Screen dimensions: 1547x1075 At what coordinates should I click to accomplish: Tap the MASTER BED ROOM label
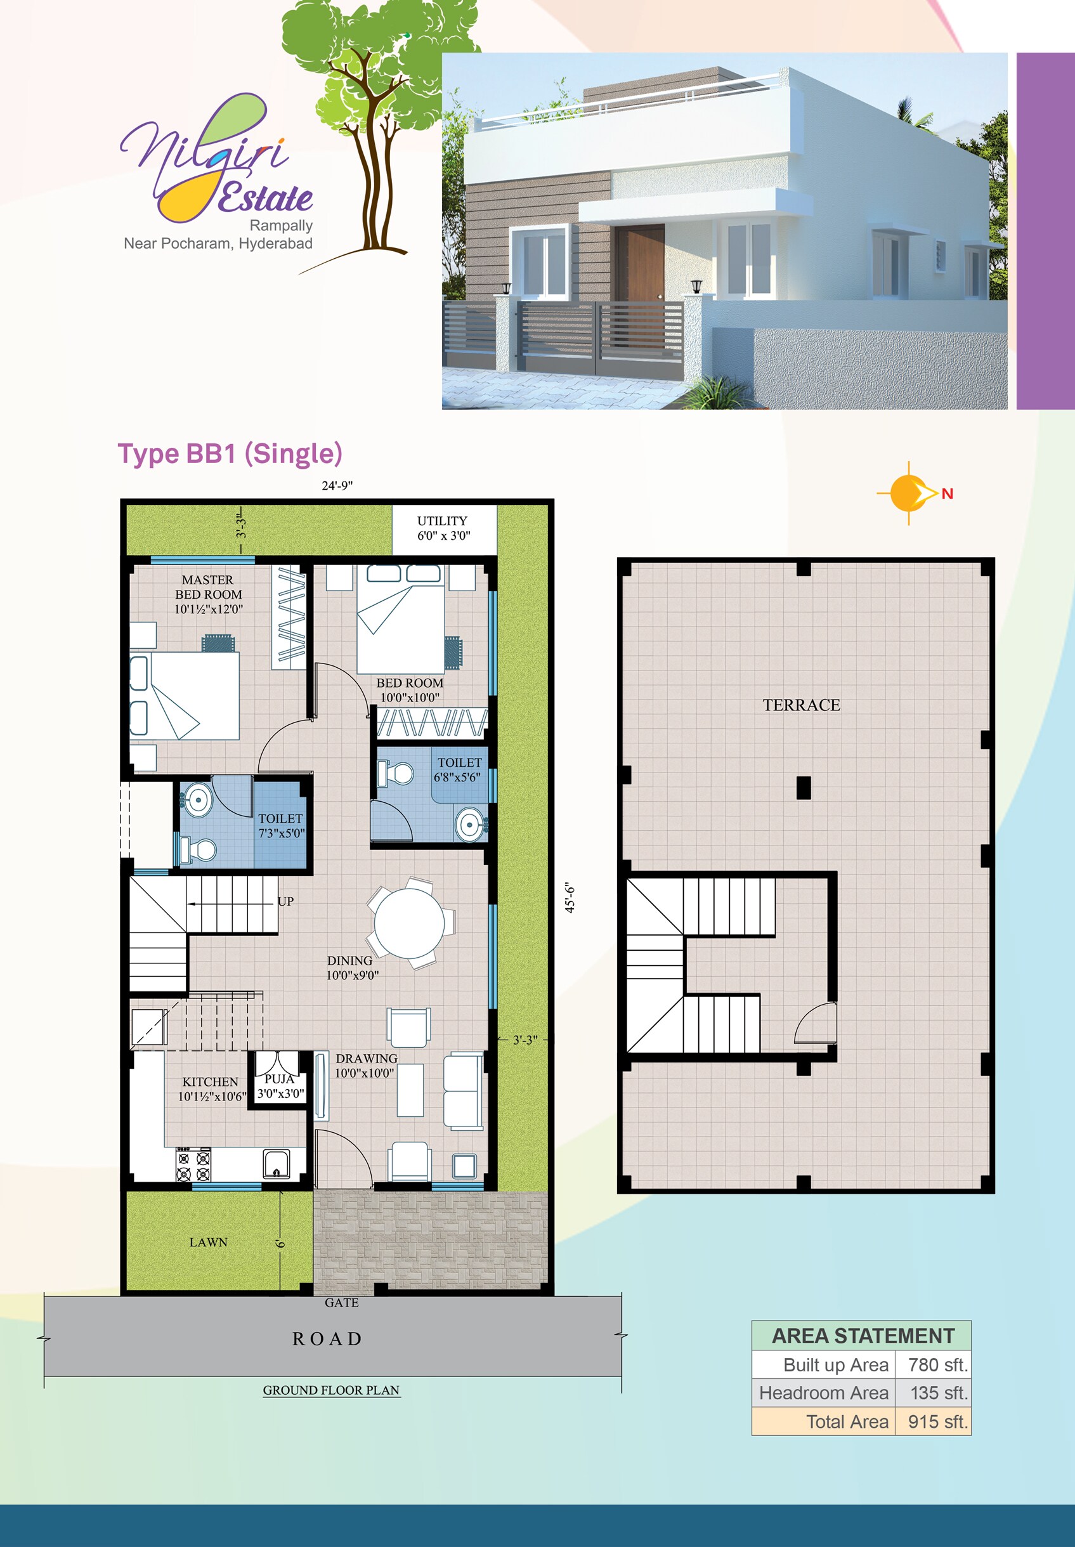pyautogui.click(x=208, y=594)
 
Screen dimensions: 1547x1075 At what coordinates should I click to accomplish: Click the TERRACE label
pyautogui.click(x=801, y=705)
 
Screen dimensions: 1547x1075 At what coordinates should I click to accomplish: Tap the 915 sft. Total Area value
pyautogui.click(x=937, y=1422)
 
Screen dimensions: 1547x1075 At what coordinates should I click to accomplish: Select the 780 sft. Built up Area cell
pyautogui.click(x=937, y=1364)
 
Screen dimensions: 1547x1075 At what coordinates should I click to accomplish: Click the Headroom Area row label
pyautogui.click(x=823, y=1393)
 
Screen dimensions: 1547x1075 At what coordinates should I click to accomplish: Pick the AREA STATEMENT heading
pyautogui.click(x=862, y=1336)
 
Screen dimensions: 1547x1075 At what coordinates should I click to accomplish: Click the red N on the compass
pyautogui.click(x=947, y=493)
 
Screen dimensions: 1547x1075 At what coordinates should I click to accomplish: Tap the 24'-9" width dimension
pyautogui.click(x=337, y=486)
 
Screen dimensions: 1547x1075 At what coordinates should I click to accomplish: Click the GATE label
pyautogui.click(x=341, y=1303)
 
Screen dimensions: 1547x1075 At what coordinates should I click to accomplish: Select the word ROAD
pyautogui.click(x=327, y=1339)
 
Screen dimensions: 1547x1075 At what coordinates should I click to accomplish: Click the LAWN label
pyautogui.click(x=208, y=1242)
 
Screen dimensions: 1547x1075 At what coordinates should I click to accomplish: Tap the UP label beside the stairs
pyautogui.click(x=285, y=901)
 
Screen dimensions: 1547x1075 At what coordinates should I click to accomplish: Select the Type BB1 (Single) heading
pyautogui.click(x=230, y=454)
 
